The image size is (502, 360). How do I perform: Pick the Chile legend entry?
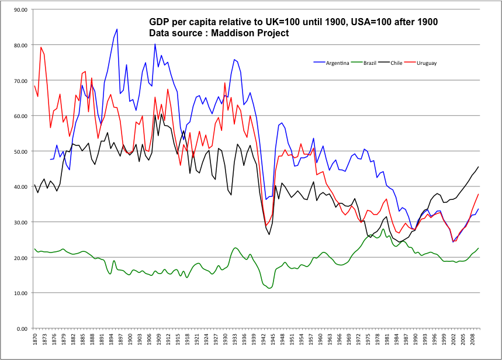tap(393, 62)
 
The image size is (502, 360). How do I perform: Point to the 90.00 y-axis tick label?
tap(20, 10)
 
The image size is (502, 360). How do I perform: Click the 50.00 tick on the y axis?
tap(20, 151)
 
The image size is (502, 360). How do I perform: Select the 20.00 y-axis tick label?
tap(20, 258)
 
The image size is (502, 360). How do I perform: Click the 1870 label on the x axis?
tap(34, 341)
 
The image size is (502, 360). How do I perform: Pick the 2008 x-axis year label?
tap(472, 341)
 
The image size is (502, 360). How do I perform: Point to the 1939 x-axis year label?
tap(254, 341)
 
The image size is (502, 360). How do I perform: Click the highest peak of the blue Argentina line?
tap(117, 29)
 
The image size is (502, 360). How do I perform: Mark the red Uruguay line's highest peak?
tap(41, 47)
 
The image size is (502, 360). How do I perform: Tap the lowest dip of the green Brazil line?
tap(269, 288)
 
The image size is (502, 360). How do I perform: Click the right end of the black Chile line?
tap(479, 167)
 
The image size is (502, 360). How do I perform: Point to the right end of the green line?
tap(479, 248)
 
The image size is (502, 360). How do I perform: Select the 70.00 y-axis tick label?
tap(20, 81)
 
